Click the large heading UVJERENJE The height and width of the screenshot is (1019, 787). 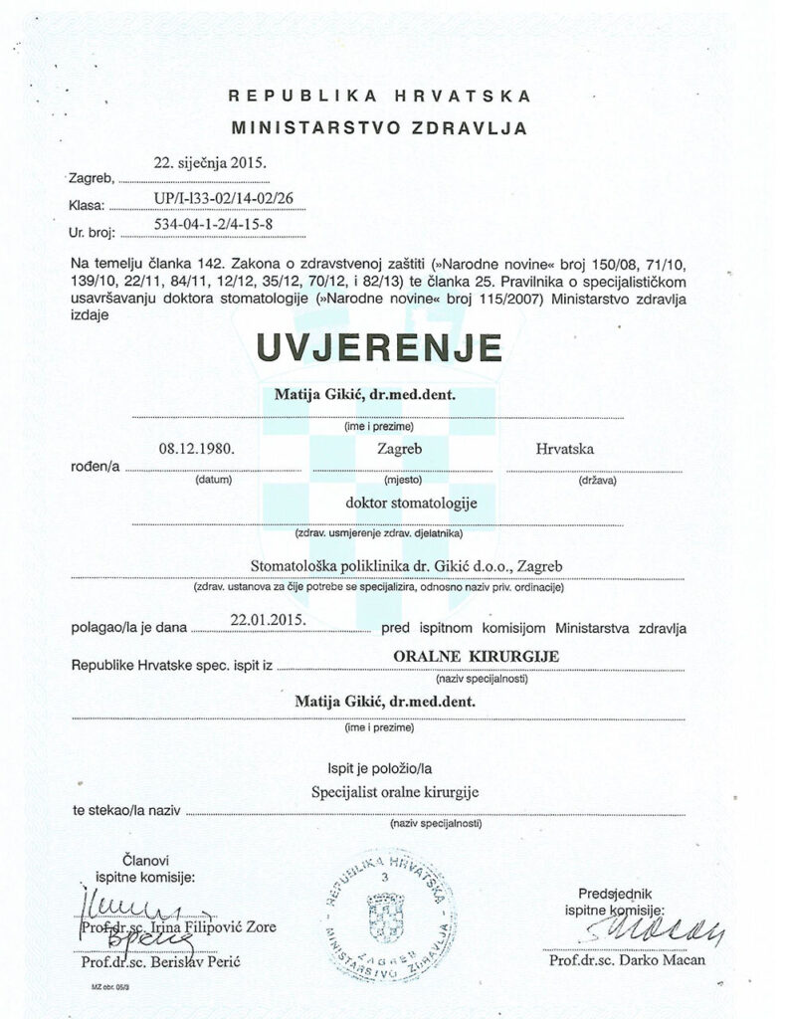(378, 347)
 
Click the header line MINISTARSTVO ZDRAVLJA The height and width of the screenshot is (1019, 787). (380, 127)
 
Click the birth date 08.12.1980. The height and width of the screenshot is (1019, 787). (196, 449)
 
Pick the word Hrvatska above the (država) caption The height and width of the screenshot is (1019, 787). (566, 450)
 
